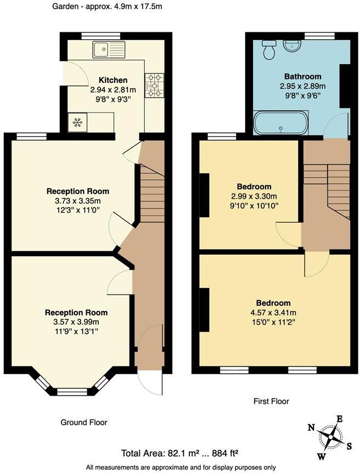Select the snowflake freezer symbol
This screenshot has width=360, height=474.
coord(76,122)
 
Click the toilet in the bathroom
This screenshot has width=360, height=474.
coord(269,50)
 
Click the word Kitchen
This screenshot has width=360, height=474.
coord(113,80)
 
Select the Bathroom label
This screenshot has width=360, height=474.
coord(302,76)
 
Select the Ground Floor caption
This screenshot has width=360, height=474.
coord(83,422)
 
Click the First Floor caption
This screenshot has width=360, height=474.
coord(271,402)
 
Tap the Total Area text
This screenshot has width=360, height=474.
coord(179,453)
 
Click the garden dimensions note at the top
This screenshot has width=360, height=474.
coord(107,7)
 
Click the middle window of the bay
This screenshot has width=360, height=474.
coord(72,392)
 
